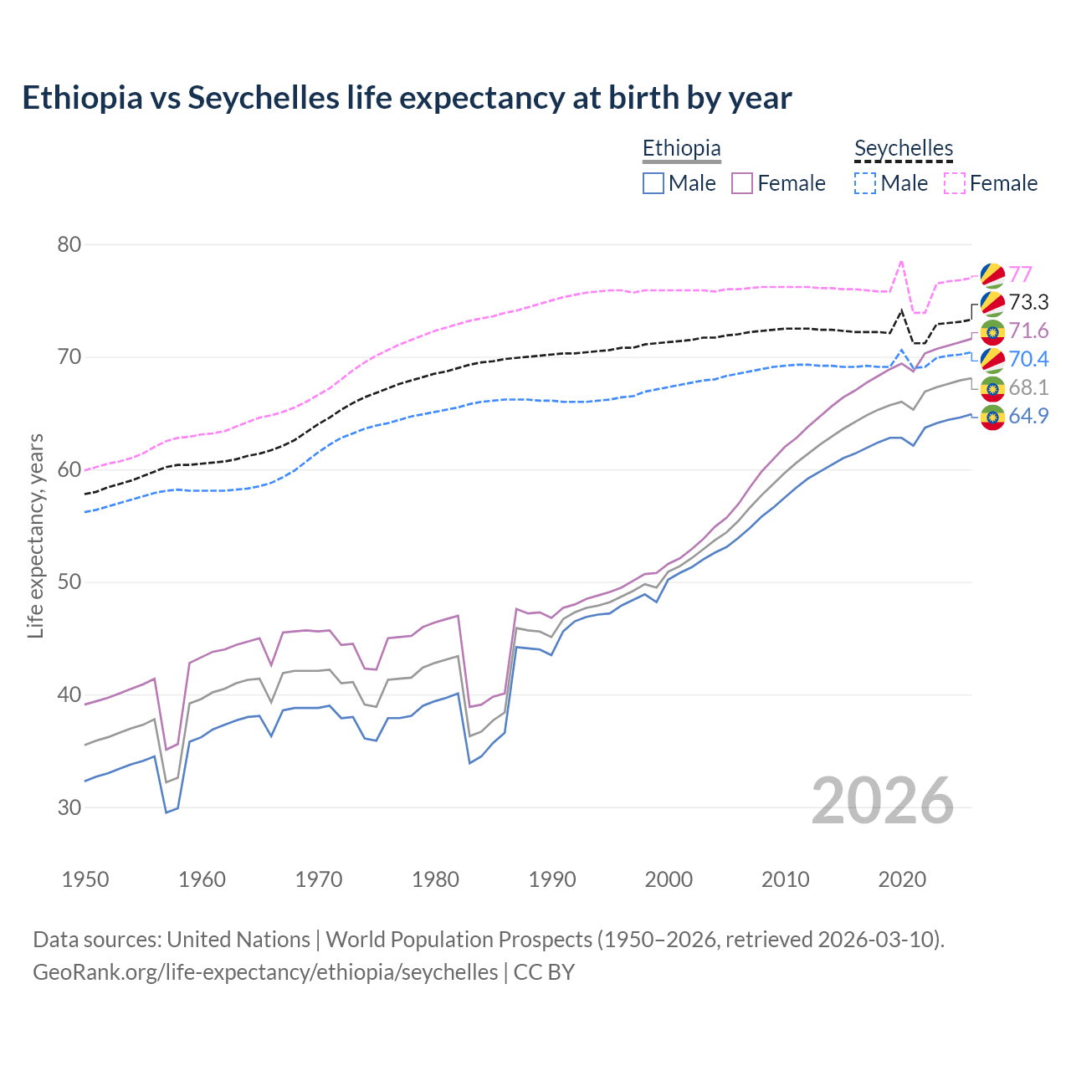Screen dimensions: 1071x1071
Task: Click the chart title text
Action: pyautogui.click(x=407, y=98)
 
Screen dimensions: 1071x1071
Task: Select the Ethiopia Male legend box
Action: pyautogui.click(x=653, y=183)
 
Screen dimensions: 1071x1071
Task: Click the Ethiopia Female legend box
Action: pyautogui.click(x=742, y=183)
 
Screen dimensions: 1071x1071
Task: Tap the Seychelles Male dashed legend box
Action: pyautogui.click(x=865, y=183)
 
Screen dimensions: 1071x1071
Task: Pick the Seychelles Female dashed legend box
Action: pyautogui.click(x=955, y=183)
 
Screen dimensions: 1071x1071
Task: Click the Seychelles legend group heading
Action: pyautogui.click(x=904, y=148)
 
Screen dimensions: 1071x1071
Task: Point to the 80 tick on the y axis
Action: pyautogui.click(x=69, y=245)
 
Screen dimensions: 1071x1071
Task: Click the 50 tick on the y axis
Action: pyautogui.click(x=69, y=582)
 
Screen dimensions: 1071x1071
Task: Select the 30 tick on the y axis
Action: pyautogui.click(x=69, y=807)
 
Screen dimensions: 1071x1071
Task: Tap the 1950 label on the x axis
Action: pyautogui.click(x=85, y=879)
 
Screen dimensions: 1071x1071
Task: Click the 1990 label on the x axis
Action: pyautogui.click(x=552, y=879)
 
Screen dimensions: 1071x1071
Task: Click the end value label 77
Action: pyautogui.click(x=1020, y=274)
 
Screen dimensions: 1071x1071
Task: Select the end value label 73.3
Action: pyautogui.click(x=1028, y=302)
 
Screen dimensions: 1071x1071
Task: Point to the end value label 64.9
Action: pyautogui.click(x=1028, y=416)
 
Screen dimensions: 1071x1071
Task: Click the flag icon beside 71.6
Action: pyautogui.click(x=992, y=331)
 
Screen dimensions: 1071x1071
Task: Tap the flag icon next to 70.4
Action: pyautogui.click(x=992, y=360)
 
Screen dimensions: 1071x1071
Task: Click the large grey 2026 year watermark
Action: pyautogui.click(x=883, y=801)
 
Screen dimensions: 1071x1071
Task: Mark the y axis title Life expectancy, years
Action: pyautogui.click(x=36, y=535)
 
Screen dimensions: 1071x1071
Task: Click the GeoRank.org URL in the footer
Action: pyautogui.click(x=265, y=972)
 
